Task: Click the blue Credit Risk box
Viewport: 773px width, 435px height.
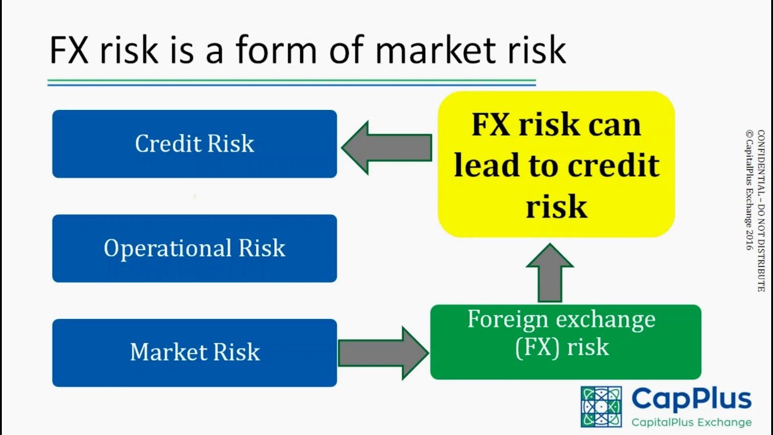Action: pos(194,144)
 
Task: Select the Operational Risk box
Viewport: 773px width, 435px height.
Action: pos(194,248)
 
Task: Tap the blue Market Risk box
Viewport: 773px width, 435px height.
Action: pos(194,353)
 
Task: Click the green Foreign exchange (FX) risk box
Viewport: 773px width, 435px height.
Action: pos(565,342)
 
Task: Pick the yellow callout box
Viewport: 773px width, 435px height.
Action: pos(556,164)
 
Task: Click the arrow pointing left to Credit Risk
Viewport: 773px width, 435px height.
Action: pos(386,147)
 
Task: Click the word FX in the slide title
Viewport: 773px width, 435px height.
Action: pos(70,51)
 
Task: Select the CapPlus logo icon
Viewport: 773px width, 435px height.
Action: pos(601,407)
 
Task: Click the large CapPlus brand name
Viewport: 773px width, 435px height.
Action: pos(691,399)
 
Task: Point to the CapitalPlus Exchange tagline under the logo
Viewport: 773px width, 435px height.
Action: pos(691,422)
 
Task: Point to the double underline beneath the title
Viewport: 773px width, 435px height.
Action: pos(292,83)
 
